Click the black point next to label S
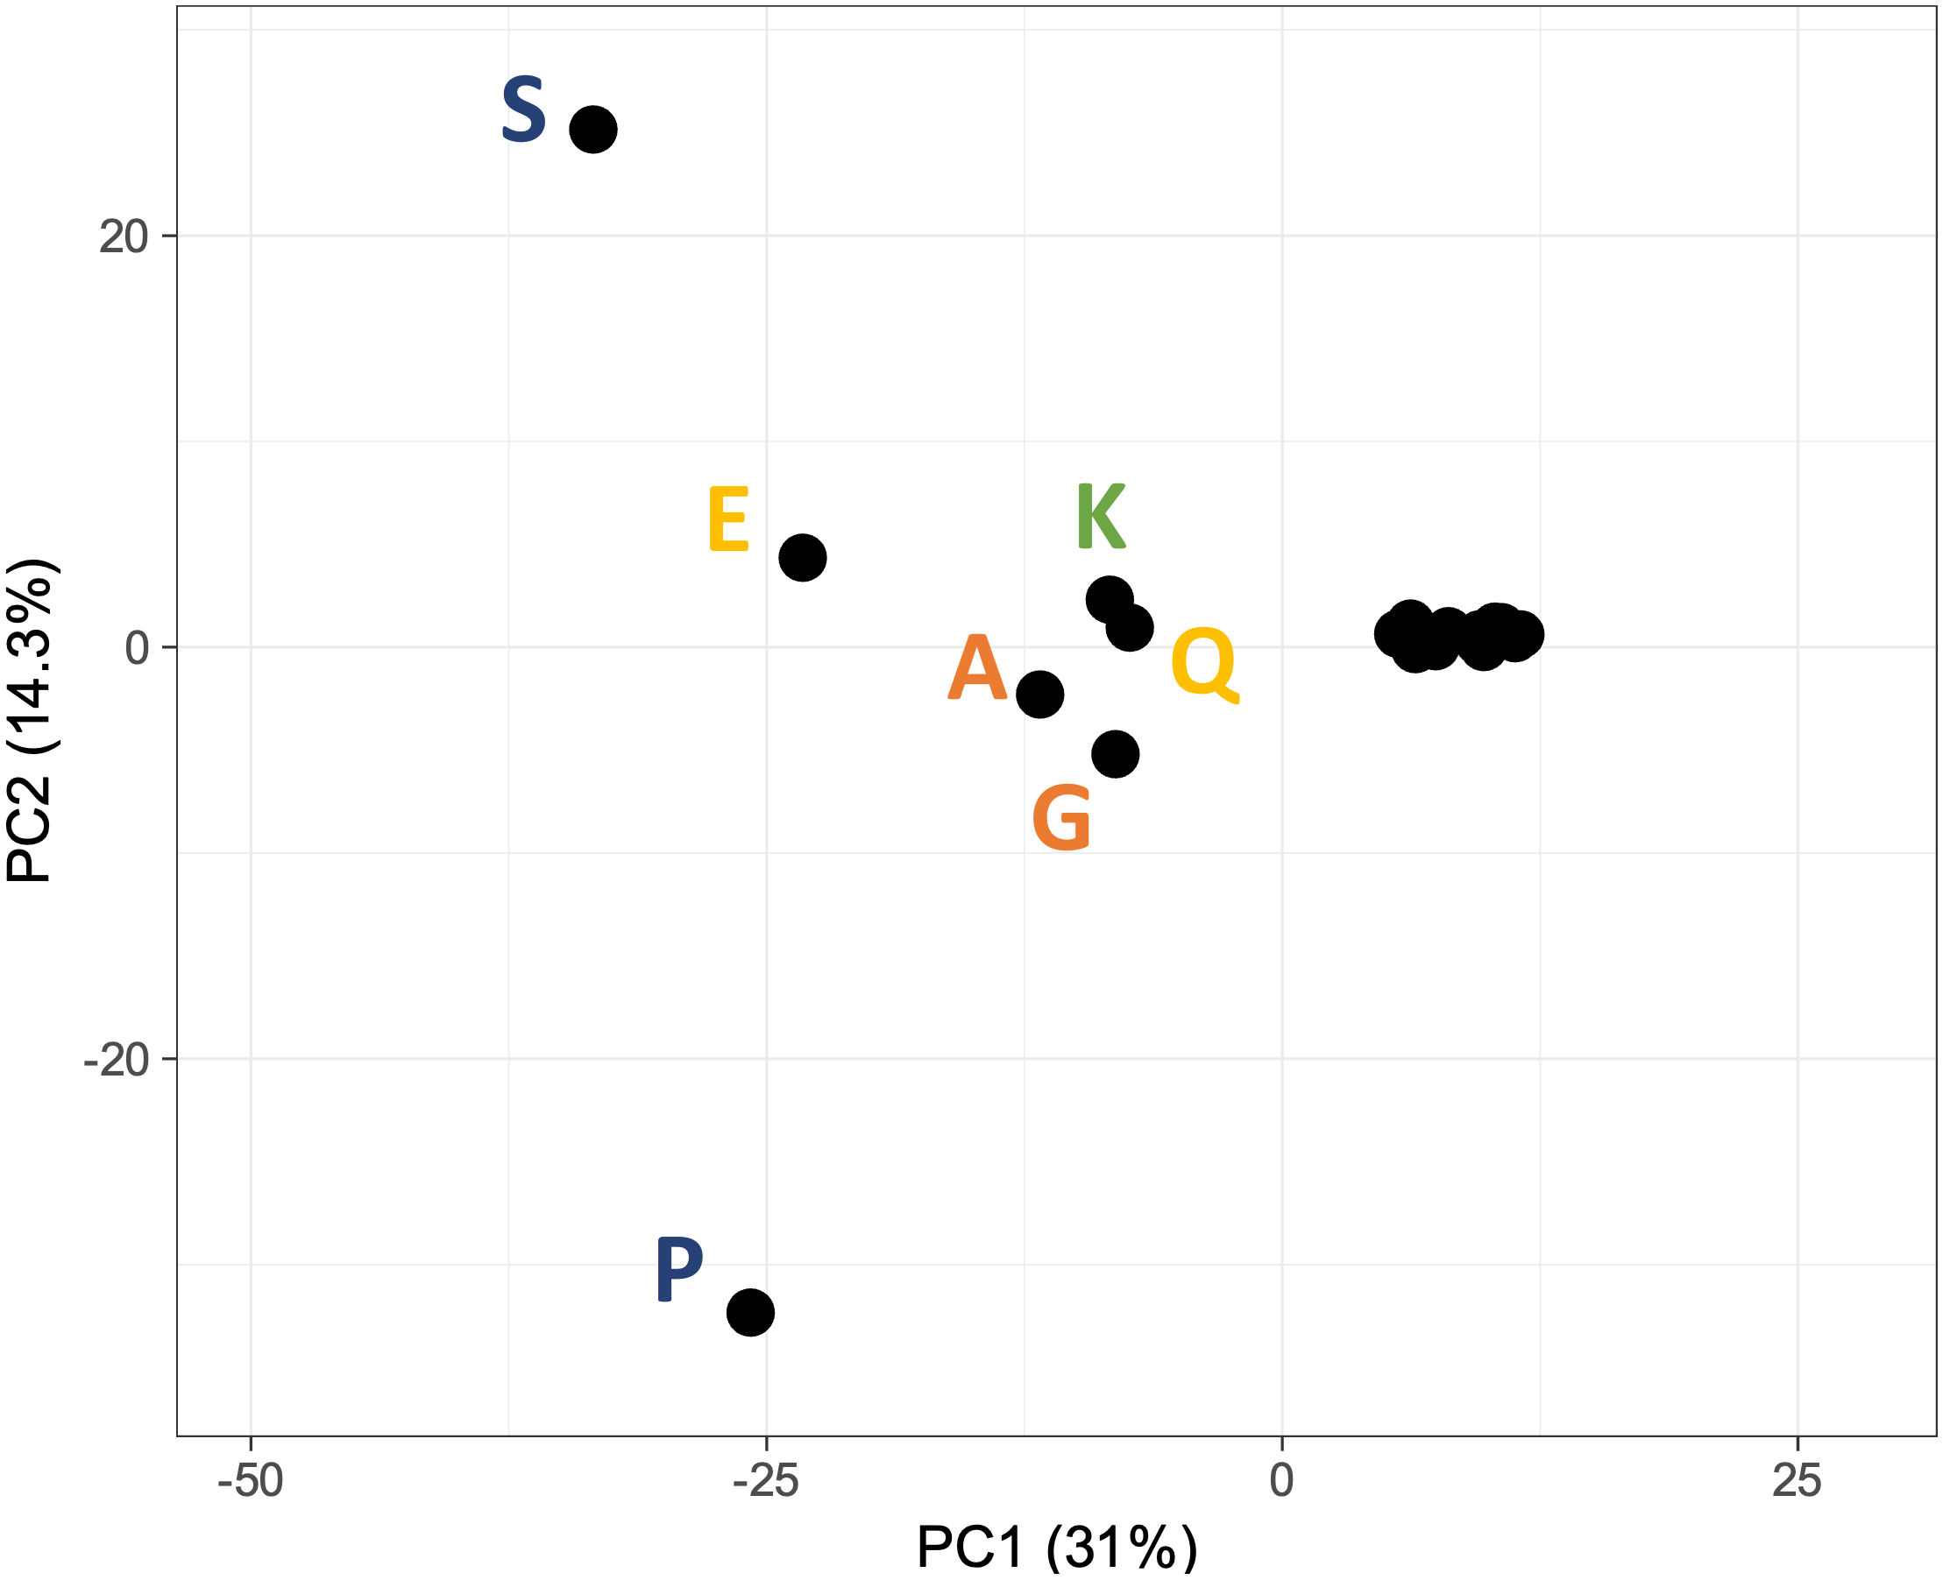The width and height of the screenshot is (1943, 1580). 592,130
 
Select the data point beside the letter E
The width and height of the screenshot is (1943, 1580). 802,557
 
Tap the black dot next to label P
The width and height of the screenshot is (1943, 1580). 750,1311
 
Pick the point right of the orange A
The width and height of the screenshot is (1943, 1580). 1039,695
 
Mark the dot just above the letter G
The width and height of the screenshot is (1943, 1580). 1116,753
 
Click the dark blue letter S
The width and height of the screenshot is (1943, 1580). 523,110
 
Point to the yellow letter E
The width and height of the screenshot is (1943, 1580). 728,518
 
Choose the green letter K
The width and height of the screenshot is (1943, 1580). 1101,516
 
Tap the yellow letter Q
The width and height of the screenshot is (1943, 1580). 1203,664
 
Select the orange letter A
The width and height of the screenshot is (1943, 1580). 977,667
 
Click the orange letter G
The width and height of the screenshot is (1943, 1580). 1061,818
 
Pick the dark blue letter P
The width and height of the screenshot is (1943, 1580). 679,1269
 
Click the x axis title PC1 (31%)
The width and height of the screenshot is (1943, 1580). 1056,1547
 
